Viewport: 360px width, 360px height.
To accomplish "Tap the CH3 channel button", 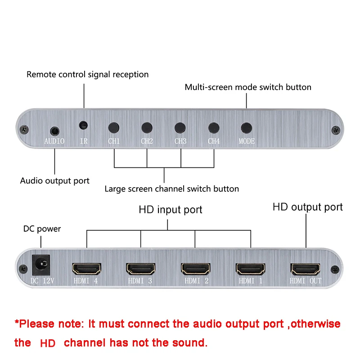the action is [x=180, y=127].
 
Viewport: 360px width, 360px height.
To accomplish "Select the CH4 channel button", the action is [x=214, y=127].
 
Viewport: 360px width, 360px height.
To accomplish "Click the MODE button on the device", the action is [x=246, y=127].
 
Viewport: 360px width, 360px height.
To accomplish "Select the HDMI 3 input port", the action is [x=141, y=269].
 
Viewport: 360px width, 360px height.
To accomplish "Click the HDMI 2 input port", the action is [x=196, y=269].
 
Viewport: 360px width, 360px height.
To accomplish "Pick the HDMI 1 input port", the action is [x=251, y=269].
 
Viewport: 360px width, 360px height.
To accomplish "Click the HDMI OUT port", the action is [x=306, y=269].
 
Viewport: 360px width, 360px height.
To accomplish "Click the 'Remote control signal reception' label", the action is [x=87, y=74].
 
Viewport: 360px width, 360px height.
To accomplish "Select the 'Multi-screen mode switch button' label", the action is [x=248, y=87].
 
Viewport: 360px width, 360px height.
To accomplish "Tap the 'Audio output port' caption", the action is [x=55, y=180].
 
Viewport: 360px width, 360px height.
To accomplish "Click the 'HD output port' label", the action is [x=307, y=207].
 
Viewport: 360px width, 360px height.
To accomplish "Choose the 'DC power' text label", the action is [x=42, y=229].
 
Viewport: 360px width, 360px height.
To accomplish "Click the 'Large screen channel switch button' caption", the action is [x=171, y=189].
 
